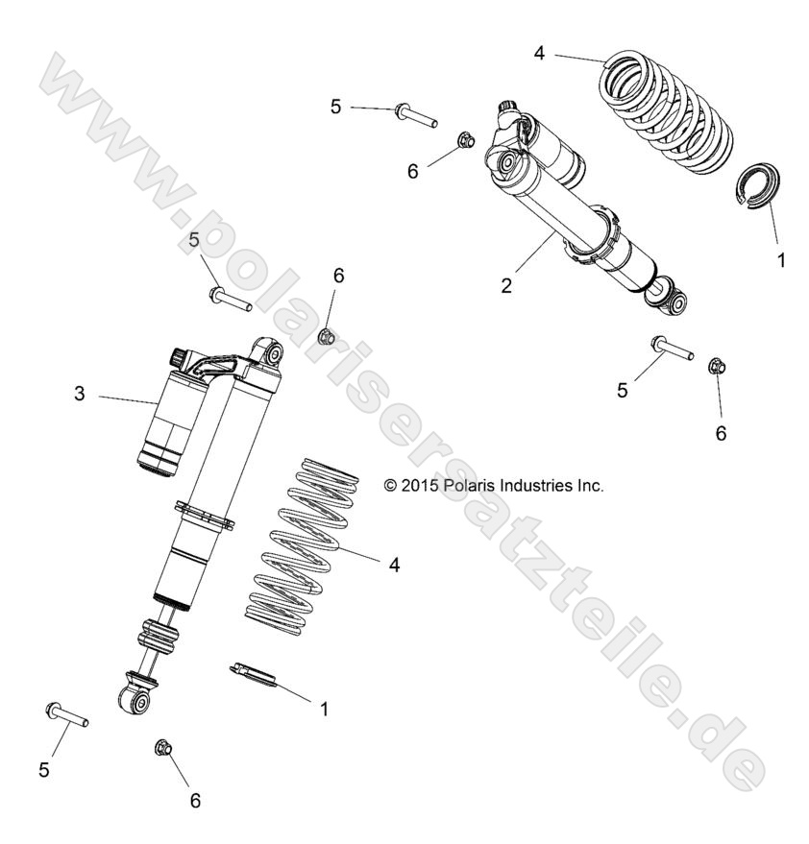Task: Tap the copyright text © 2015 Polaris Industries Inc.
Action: (493, 486)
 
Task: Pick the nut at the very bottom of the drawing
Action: (163, 747)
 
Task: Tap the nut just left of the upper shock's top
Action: (463, 138)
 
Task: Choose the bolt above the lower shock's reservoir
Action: (229, 298)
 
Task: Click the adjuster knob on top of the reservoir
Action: (180, 357)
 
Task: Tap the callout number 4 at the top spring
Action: (539, 53)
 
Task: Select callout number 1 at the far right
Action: (780, 260)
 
